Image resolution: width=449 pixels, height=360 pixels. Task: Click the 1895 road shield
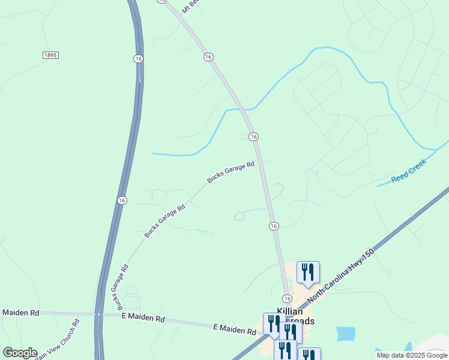[x=50, y=55]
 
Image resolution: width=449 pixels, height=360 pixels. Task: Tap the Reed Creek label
[x=409, y=171]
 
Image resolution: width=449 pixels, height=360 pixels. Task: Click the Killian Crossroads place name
[x=295, y=316]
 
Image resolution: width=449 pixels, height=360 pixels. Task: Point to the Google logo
[x=20, y=353]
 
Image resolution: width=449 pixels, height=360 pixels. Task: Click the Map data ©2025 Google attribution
[x=412, y=355]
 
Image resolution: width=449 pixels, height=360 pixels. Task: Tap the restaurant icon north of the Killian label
[x=308, y=272]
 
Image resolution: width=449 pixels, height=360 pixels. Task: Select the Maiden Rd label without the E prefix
[x=20, y=313]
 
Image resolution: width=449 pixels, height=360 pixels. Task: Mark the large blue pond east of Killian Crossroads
[x=345, y=334]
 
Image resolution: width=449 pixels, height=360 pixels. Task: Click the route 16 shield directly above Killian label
[x=287, y=299]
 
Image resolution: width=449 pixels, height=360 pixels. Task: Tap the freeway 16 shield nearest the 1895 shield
[x=138, y=58]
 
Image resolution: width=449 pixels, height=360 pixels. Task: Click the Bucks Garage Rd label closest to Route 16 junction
[x=231, y=172]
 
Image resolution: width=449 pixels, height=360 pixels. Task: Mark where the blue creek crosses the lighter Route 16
[x=243, y=109]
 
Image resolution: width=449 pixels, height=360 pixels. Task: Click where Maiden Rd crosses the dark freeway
[x=97, y=314]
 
